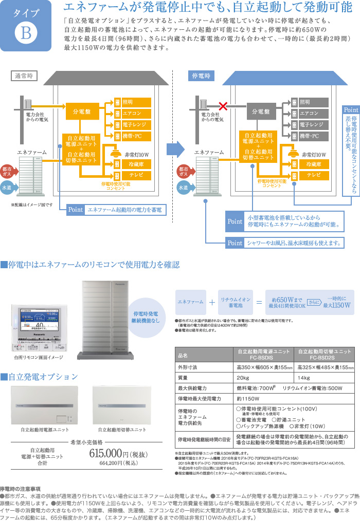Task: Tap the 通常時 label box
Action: click(24, 76)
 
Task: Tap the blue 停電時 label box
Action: click(201, 76)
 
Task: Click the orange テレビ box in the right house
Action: click(313, 175)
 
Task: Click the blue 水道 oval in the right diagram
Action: click(184, 188)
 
